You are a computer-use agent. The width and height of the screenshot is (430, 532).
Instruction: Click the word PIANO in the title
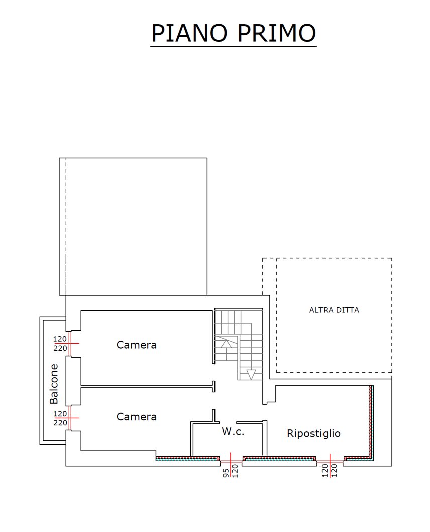pyautogui.click(x=189, y=33)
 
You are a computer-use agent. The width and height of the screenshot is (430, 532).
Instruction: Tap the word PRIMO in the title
pyautogui.click(x=276, y=33)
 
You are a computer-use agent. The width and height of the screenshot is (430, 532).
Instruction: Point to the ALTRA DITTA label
pyautogui.click(x=334, y=310)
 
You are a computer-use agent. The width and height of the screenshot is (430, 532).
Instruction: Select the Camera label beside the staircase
pyautogui.click(x=137, y=345)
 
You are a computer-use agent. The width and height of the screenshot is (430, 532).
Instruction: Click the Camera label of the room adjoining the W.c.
pyautogui.click(x=137, y=417)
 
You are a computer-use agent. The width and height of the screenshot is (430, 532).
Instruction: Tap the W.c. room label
pyautogui.click(x=233, y=431)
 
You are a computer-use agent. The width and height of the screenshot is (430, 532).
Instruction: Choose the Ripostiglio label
pyautogui.click(x=314, y=433)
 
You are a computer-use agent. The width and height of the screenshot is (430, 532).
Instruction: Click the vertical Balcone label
pyautogui.click(x=54, y=384)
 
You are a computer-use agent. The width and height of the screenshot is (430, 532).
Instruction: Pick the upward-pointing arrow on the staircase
pyautogui.click(x=227, y=344)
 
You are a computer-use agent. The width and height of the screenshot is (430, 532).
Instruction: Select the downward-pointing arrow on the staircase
pyautogui.click(x=251, y=374)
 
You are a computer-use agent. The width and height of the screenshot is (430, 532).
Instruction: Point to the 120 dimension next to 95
pyautogui.click(x=235, y=471)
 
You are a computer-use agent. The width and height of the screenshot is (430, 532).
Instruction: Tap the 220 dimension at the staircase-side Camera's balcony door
pyautogui.click(x=60, y=349)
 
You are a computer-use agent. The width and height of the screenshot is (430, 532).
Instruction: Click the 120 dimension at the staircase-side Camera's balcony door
pyautogui.click(x=60, y=339)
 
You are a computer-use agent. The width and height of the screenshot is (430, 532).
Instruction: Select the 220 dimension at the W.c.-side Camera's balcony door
pyautogui.click(x=60, y=423)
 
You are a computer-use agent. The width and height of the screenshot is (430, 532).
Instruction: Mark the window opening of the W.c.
pyautogui.click(x=231, y=462)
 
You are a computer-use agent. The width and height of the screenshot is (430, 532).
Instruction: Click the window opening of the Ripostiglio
pyautogui.click(x=330, y=462)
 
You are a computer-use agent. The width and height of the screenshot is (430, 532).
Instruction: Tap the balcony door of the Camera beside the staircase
pyautogui.click(x=69, y=343)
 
